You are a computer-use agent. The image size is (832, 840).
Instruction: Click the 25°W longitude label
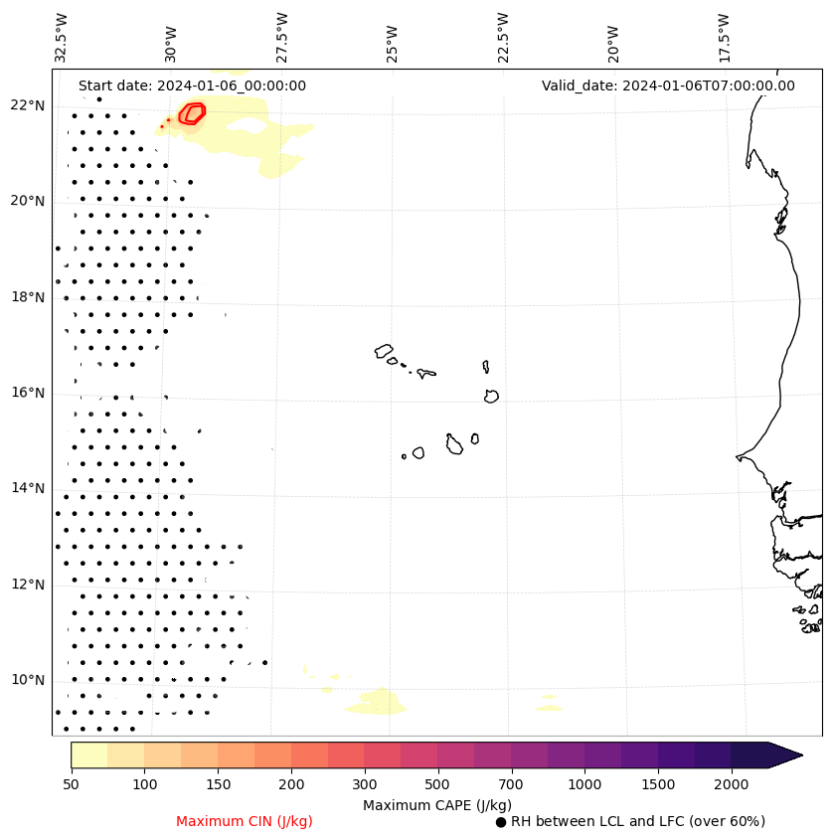(393, 38)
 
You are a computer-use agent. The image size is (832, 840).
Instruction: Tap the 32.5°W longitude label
(62, 38)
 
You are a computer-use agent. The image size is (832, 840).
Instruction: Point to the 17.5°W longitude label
(724, 38)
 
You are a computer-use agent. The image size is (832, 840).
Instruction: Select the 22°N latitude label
(28, 105)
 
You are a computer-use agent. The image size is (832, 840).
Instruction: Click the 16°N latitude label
(28, 393)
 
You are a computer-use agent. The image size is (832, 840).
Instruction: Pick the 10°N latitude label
(28, 680)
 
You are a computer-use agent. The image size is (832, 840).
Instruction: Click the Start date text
(192, 85)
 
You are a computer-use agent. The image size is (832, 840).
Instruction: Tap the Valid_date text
(668, 85)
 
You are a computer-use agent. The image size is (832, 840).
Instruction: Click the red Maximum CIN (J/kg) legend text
(244, 821)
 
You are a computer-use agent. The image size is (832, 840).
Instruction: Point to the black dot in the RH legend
(501, 822)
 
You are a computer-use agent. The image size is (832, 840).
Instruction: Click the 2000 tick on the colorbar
(732, 784)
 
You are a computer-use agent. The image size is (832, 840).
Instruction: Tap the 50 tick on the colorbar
(71, 784)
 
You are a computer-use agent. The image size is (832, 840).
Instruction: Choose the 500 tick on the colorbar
(437, 784)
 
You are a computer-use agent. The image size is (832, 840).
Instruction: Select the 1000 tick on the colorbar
(584, 784)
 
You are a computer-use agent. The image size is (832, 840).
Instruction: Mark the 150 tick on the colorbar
(218, 784)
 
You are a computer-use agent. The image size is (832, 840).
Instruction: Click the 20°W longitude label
(613, 38)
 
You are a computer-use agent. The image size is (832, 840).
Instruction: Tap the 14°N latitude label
(28, 488)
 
